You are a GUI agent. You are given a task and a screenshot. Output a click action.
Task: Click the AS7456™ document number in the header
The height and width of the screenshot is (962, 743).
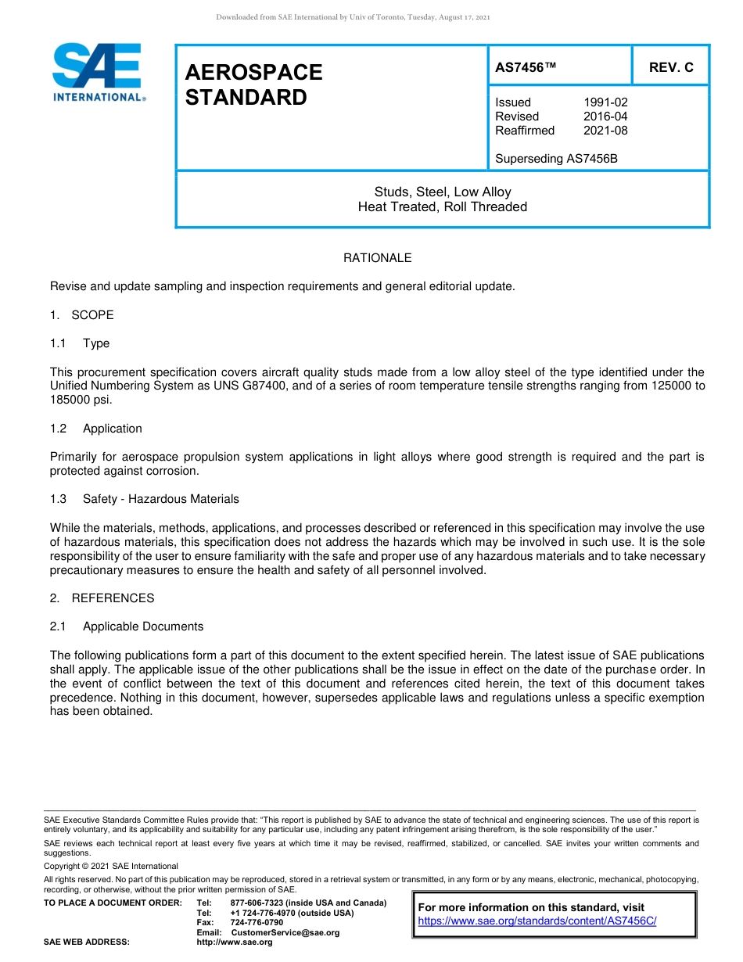526,67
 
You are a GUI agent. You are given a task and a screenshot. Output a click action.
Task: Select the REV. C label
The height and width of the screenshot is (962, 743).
671,67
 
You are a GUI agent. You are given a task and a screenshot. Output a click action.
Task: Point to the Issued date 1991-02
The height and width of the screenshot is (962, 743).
605,102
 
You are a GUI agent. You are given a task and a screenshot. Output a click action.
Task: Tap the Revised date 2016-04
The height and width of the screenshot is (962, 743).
605,117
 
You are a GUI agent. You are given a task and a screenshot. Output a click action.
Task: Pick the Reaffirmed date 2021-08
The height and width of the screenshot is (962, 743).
605,131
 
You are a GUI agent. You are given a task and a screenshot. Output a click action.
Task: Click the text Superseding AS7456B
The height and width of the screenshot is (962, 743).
556,159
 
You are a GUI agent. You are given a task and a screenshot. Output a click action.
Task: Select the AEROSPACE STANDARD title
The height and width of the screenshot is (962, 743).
253,84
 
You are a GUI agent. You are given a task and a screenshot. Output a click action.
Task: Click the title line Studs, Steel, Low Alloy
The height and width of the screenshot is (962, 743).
442,192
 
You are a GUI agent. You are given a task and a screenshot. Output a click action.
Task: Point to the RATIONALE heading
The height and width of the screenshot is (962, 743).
377,258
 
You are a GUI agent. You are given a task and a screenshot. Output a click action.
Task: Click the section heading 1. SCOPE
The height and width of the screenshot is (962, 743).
82,315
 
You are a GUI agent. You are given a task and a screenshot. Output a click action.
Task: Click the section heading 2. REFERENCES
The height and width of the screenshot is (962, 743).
102,598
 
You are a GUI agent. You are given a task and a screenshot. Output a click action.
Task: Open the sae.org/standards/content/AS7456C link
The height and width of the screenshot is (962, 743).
537,921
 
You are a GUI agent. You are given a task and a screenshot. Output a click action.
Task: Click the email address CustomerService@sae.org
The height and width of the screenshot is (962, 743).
285,932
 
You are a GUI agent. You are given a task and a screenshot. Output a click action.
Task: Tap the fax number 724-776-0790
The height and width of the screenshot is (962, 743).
257,923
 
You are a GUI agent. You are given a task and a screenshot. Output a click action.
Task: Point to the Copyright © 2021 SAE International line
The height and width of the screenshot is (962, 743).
111,866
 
